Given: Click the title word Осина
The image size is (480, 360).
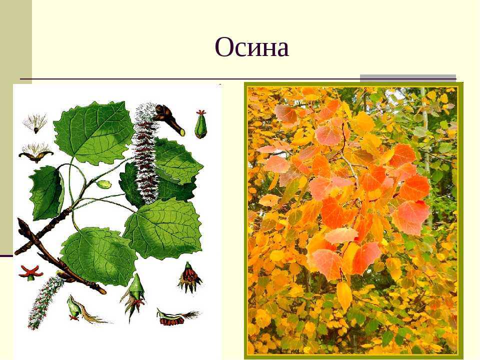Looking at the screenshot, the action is pos(251,47).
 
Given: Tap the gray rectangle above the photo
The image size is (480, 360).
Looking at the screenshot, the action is pos(408,78).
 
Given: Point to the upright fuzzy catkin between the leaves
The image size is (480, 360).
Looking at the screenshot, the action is pos(145,153).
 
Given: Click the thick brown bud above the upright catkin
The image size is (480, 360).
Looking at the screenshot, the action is pos(169,119).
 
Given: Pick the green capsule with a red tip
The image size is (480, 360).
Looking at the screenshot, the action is pos(201,124).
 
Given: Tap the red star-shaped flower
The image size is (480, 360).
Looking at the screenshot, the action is pos(30,273).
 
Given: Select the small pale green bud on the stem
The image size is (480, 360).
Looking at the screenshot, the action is pos(104,184).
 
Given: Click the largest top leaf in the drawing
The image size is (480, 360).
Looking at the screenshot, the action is pos(93,132).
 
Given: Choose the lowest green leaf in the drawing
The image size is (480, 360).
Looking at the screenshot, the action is pos(98,256).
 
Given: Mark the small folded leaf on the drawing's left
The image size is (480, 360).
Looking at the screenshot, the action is pos(47,193).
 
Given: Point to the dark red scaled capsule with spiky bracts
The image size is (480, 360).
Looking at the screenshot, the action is pos(189,277).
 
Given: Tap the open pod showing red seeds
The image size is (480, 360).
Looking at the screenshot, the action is pos(177,317).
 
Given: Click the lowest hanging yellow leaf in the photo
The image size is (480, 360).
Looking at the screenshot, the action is pos(344,296).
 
